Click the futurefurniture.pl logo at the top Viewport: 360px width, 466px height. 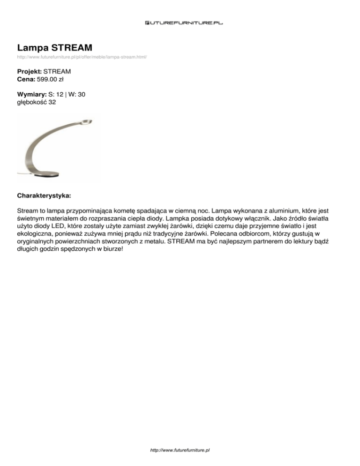[x=184, y=22]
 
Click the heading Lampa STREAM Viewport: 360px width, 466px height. [x=54, y=48]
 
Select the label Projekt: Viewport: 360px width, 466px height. [x=30, y=72]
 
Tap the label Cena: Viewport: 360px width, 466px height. [x=26, y=79]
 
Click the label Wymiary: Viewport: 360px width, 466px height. [x=31, y=94]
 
